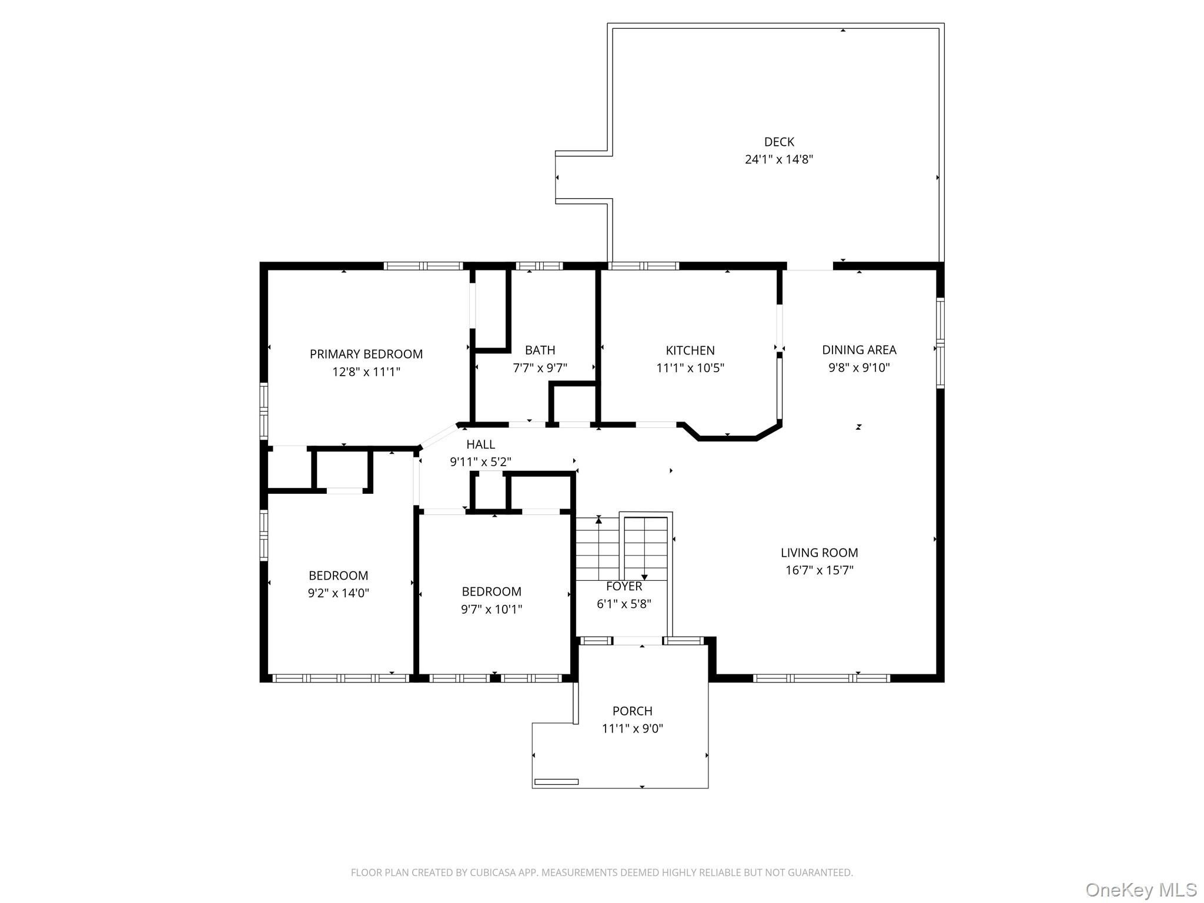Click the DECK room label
(x=779, y=142)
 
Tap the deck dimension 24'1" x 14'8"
(x=779, y=159)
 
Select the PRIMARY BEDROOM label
(x=366, y=354)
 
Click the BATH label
(x=540, y=350)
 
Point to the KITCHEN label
(x=690, y=350)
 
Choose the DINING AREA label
(x=859, y=350)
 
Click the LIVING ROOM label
(x=820, y=553)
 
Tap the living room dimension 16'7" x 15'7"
(x=820, y=570)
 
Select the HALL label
(x=480, y=444)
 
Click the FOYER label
(x=624, y=586)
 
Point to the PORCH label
(x=633, y=711)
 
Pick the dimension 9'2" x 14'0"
(x=339, y=593)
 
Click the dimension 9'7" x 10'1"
(x=491, y=609)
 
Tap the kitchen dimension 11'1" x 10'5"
(x=690, y=368)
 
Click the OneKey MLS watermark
(x=1141, y=889)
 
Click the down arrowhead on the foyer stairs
(x=644, y=577)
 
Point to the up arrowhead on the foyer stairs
(x=598, y=519)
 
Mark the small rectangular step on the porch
(x=556, y=782)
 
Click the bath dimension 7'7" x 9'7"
(x=540, y=368)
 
